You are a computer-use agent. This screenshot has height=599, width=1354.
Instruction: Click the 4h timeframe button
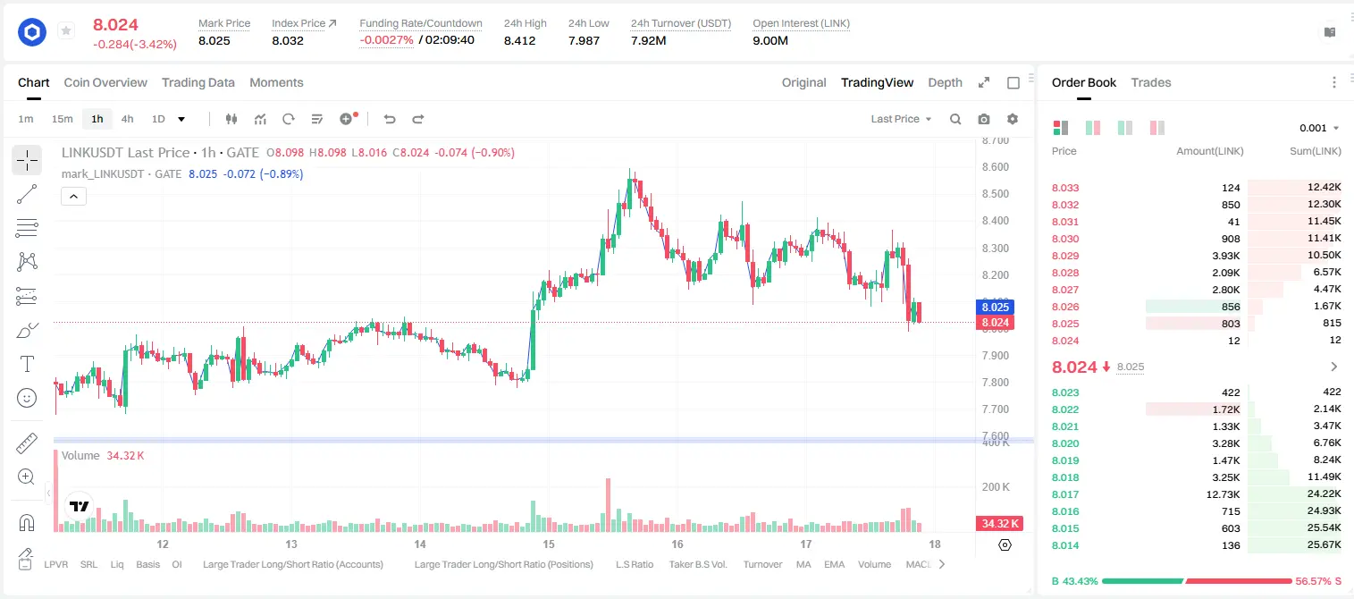pos(127,119)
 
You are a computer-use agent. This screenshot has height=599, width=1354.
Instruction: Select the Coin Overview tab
pos(105,82)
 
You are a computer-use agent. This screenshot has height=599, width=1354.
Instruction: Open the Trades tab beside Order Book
pos(1150,82)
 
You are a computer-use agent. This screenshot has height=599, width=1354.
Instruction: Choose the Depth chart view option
pos(945,82)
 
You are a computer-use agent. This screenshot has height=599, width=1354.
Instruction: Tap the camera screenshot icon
pos(983,119)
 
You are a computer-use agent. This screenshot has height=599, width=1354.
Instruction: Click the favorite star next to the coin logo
pos(66,30)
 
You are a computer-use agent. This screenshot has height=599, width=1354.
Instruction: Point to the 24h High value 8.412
pos(519,40)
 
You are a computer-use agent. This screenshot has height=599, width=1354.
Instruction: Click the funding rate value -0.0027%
pos(386,40)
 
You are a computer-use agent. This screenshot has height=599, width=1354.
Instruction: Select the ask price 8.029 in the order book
pos(1065,256)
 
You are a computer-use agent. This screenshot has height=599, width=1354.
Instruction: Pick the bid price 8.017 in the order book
pos(1065,494)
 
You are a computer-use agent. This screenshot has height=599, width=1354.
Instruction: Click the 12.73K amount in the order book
pos(1223,494)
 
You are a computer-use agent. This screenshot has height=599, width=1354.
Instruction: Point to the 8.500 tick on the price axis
pos(995,193)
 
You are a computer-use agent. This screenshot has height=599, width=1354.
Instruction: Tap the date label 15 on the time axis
pos(548,544)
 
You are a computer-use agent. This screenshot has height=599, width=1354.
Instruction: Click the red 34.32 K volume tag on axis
pos(999,523)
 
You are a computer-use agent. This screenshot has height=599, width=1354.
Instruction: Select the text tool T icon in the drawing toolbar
pos(27,364)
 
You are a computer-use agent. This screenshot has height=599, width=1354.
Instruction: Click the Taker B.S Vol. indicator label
pos(697,564)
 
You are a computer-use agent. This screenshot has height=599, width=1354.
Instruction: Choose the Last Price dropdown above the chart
pos(901,119)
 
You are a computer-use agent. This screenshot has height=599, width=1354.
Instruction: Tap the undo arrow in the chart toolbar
pos(390,119)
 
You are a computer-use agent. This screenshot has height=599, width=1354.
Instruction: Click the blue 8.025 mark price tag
pos(995,307)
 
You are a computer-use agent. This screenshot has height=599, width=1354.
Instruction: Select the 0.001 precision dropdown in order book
pos(1319,128)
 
